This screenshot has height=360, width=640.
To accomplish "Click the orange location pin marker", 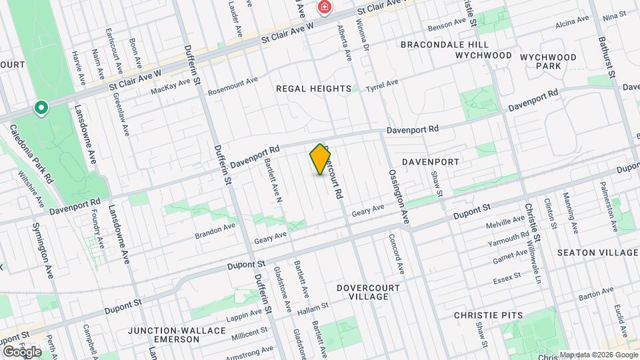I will (321, 159).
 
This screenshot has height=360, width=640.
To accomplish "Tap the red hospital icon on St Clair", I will (325, 8).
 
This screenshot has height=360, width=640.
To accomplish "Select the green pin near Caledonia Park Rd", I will (41, 107).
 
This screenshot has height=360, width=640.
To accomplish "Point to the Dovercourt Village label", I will (368, 292).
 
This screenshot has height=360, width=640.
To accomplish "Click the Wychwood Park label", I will (547, 61).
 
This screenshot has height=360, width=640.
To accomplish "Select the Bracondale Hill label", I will (445, 45).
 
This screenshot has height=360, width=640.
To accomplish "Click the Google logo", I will (22, 351).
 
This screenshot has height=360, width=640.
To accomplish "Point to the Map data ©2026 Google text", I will (598, 355).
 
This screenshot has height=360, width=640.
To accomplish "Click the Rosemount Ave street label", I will (233, 85).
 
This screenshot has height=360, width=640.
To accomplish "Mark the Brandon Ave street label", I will (215, 230).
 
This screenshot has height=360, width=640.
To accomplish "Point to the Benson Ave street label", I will (447, 25).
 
